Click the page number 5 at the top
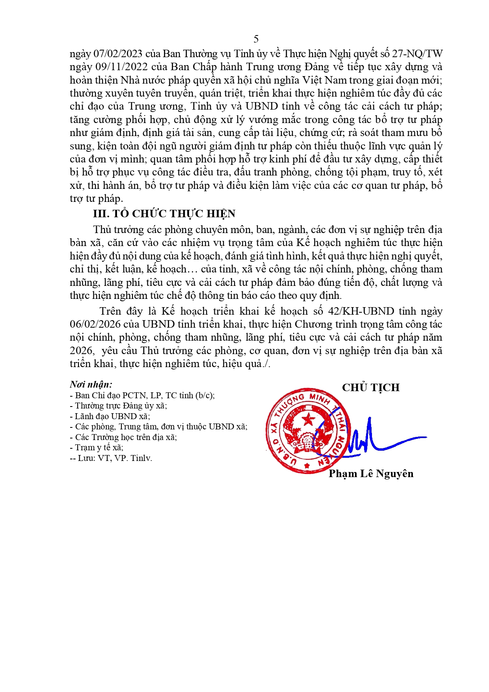pyautogui.click(x=256, y=39)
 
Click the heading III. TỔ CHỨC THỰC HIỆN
pyautogui.click(x=164, y=214)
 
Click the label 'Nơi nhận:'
pyautogui.click(x=91, y=384)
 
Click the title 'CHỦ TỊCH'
pyautogui.click(x=370, y=388)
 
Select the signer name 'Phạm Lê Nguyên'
pyautogui.click(x=371, y=474)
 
